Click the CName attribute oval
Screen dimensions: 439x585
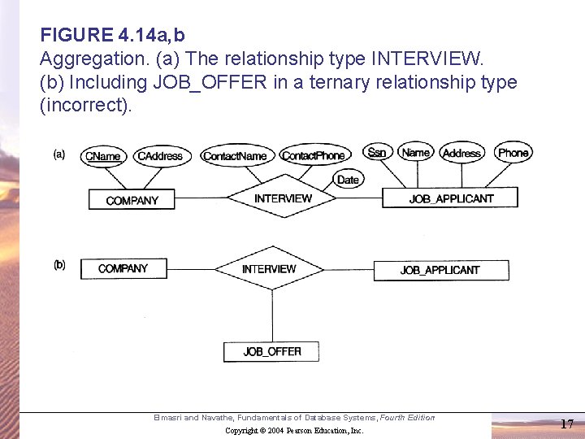(102, 156)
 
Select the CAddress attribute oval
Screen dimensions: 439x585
(160, 156)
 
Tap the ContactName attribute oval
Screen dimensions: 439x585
(235, 156)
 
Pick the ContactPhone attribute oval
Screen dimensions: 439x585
(313, 156)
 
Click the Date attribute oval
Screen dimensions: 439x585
(348, 180)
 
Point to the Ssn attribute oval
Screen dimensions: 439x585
(377, 152)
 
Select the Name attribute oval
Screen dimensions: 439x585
(416, 152)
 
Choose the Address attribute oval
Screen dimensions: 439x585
(461, 153)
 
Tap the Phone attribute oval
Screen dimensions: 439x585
(513, 152)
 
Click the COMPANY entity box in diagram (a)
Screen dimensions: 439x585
(132, 200)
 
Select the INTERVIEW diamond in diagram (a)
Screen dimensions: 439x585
(283, 198)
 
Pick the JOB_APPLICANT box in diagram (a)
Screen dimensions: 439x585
(451, 198)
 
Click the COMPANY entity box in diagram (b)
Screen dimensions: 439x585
(123, 269)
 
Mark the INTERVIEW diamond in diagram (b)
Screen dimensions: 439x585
(269, 269)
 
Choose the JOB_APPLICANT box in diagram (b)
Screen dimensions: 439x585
(440, 270)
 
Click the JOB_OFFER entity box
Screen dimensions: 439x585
(271, 351)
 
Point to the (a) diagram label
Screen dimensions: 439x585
(59, 154)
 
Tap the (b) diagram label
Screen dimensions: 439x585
(59, 265)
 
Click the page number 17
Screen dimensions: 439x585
(566, 424)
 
